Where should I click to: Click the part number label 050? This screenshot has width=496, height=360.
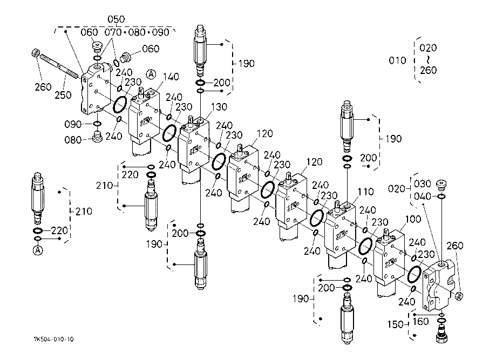tap(116, 19)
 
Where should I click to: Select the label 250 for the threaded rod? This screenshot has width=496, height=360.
tap(63, 95)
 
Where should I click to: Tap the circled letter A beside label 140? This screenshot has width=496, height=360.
tap(151, 74)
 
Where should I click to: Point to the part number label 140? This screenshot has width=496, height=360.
tap(171, 77)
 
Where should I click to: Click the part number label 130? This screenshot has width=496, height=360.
tap(219, 107)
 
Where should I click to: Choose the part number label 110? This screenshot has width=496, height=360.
tap(365, 192)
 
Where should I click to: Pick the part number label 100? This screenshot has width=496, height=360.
tap(413, 219)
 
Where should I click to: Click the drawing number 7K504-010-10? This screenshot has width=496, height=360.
tap(53, 339)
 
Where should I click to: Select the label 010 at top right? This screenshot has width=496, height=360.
tap(397, 60)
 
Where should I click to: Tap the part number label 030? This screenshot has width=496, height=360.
tap(422, 184)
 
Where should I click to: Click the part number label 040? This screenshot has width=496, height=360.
tap(422, 196)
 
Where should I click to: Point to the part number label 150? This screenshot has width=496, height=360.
tap(396, 324)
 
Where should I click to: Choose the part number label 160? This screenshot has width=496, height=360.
tap(421, 322)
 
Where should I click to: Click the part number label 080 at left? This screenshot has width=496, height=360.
tap(73, 140)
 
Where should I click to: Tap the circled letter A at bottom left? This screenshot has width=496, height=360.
tap(38, 250)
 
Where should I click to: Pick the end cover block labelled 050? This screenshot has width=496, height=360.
tap(96, 89)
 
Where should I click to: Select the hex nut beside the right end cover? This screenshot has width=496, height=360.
tap(459, 296)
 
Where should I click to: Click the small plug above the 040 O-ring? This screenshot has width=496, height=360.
tap(441, 185)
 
